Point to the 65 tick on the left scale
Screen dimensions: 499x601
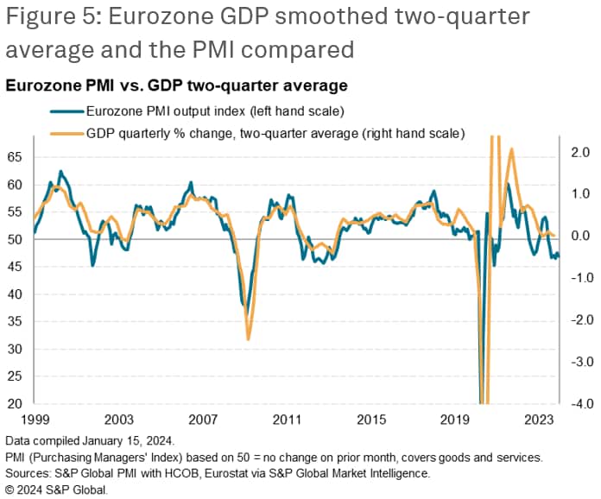coord(15,157)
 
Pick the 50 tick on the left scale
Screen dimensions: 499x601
coord(15,239)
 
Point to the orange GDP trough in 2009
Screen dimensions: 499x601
coord(248,338)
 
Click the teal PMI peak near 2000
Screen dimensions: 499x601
coord(60,172)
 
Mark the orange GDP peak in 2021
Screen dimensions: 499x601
coord(511,149)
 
